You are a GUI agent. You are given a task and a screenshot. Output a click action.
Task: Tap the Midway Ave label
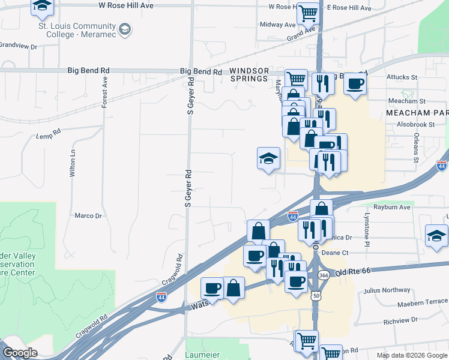coord(278,25)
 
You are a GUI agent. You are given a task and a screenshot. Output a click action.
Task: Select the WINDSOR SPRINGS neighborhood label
coord(249,75)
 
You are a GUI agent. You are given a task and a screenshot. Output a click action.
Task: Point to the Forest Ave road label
coord(104,92)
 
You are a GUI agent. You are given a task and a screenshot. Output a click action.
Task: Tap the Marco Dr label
coord(88,215)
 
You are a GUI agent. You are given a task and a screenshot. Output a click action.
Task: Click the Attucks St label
coord(402,77)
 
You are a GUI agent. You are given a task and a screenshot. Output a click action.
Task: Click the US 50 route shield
coord(316,296)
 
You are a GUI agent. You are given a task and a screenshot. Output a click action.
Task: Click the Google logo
coord(20,353)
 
